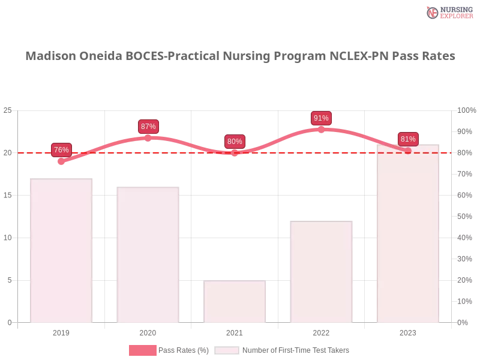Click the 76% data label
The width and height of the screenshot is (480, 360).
click(61, 149)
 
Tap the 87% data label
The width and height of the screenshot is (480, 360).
click(148, 126)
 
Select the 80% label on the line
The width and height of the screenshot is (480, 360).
click(235, 142)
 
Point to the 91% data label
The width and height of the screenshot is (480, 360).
click(321, 118)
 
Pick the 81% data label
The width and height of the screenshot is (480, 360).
click(408, 139)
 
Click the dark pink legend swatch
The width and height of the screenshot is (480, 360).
click(143, 350)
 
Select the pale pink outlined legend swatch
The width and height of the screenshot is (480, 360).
click(227, 350)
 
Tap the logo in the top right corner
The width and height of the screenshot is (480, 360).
click(448, 12)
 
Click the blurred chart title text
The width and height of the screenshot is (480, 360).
click(240, 56)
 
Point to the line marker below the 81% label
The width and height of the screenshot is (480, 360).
click(408, 151)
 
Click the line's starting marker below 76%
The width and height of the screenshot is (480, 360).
click(61, 161)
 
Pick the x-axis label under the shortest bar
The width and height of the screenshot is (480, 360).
click(235, 331)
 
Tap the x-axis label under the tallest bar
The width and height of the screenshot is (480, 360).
click(408, 331)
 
